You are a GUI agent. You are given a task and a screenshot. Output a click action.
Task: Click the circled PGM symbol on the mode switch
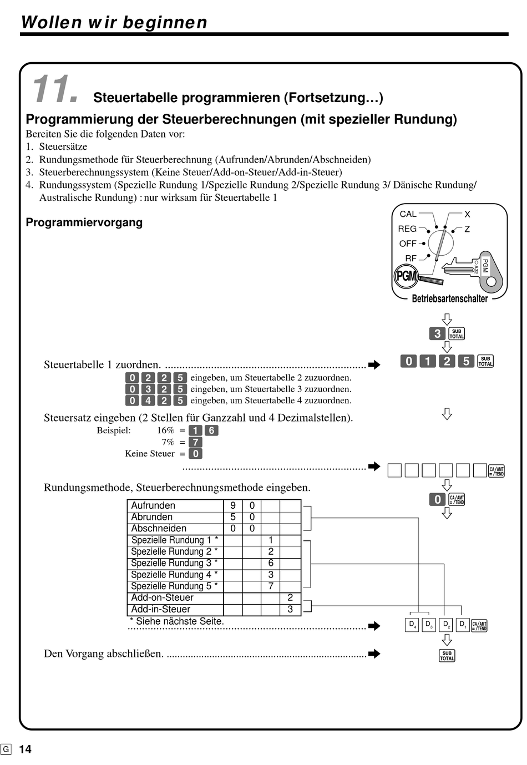point(406,275)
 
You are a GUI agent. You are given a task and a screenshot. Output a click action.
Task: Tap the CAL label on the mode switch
point(408,214)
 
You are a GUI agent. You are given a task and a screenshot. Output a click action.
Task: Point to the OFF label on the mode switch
point(408,244)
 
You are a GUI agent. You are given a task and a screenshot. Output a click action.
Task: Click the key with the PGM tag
point(473,270)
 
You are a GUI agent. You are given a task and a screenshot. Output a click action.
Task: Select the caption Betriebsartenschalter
point(449,298)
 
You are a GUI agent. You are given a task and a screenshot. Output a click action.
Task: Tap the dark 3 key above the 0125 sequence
point(437,333)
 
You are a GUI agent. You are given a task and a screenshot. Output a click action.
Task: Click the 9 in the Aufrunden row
point(232,505)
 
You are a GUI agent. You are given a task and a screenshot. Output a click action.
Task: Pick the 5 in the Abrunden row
point(232,517)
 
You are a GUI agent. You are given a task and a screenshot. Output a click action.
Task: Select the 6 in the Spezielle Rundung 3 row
point(271,563)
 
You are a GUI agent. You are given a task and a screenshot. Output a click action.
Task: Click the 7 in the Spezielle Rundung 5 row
point(271,586)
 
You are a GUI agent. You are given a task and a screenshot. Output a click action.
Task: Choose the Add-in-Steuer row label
point(160,609)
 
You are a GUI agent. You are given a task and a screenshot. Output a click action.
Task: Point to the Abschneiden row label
point(159,529)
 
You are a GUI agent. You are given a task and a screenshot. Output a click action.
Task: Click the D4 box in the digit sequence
point(412,625)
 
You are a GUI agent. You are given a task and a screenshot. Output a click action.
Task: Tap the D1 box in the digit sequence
point(463,625)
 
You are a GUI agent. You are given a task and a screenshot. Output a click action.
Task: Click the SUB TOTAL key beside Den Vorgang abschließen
point(447,655)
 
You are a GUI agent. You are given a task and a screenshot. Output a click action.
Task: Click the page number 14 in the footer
point(25,749)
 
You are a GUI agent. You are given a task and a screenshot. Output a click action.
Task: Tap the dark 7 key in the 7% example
point(195,442)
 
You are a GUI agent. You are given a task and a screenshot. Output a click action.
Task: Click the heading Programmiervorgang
point(84,222)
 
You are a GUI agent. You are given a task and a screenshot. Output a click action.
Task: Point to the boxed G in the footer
point(6,749)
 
